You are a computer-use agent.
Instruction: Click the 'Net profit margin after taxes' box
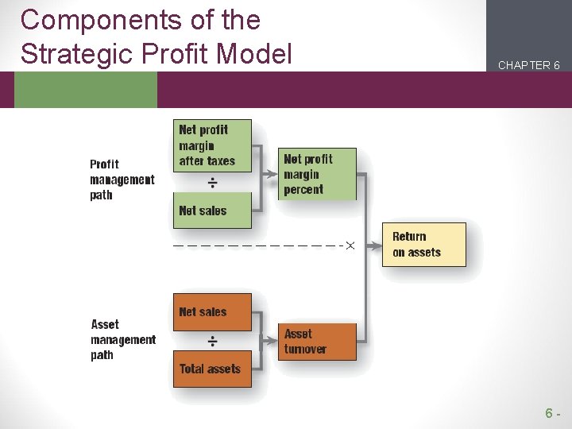(212, 145)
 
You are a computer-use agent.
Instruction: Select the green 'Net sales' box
(212, 211)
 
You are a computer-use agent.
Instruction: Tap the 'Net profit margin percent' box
(317, 174)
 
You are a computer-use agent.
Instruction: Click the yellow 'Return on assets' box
(423, 245)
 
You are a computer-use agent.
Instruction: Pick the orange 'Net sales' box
(212, 312)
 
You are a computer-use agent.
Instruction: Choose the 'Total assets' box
(212, 369)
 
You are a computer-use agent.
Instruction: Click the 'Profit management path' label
(122, 180)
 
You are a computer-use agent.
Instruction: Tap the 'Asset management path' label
(123, 340)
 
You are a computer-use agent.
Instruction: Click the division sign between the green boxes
(213, 183)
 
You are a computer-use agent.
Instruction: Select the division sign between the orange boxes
(213, 342)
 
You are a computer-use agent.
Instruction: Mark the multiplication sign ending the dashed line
(350, 245)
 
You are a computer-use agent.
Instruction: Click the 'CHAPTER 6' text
(529, 65)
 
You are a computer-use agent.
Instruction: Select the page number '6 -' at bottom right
(553, 413)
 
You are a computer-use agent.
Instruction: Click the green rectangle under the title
(86, 90)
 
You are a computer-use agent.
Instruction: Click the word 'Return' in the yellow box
(409, 237)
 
